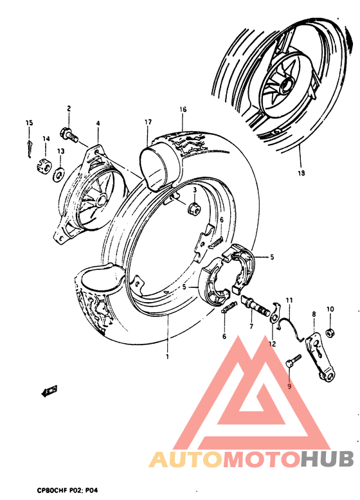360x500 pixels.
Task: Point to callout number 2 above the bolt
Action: pos(67,109)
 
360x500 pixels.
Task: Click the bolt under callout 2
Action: pos(67,135)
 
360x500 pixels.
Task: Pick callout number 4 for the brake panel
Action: pos(98,123)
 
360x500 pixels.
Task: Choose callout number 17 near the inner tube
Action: pos(148,121)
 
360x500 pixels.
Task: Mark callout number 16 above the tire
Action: pos(183,110)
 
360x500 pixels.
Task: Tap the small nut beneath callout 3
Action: pos(191,209)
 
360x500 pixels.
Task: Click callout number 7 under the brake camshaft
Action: pos(251,326)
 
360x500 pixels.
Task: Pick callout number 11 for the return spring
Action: pos(289,300)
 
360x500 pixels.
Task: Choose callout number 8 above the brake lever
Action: pos(314,314)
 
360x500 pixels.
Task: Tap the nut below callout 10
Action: pos(330,332)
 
